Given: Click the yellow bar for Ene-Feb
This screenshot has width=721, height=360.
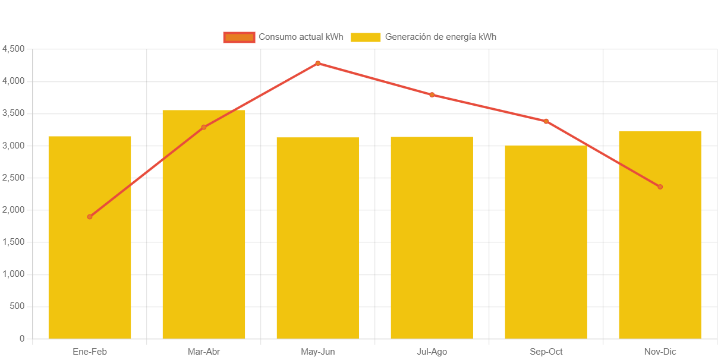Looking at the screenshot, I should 90,267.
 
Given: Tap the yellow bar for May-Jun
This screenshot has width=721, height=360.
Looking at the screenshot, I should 318,238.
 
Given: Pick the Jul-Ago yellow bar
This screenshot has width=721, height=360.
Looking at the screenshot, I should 432,238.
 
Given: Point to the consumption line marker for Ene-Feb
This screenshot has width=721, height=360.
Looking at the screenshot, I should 90,217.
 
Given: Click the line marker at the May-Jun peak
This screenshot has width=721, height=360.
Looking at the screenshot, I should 318,63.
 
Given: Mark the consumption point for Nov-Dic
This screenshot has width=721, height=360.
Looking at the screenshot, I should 660,187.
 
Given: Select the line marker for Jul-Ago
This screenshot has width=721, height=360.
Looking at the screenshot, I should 432,94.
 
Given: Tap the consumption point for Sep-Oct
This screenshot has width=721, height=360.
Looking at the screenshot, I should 546,121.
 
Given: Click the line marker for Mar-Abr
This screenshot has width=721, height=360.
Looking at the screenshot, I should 204,127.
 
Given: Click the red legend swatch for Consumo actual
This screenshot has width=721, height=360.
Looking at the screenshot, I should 239,37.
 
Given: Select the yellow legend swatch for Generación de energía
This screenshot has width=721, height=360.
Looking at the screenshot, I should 365,37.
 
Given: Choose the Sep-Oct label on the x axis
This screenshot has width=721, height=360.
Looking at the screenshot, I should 546,352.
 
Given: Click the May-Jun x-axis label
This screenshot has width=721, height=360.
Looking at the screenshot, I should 318,352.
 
